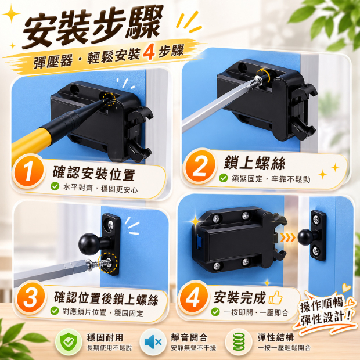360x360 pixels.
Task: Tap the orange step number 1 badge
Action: point(28,172)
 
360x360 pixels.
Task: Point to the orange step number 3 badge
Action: point(30,298)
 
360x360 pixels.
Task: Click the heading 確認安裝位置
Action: point(93,174)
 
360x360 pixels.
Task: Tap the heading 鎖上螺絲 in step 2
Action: point(254,163)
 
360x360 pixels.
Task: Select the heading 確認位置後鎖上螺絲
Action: point(106,298)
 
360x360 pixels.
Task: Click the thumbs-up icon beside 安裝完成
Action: point(275,297)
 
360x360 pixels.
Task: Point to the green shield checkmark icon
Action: point(69,342)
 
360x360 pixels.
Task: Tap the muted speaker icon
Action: point(153,342)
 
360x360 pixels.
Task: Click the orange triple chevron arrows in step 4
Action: point(287,238)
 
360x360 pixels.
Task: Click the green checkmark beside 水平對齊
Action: point(55,186)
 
